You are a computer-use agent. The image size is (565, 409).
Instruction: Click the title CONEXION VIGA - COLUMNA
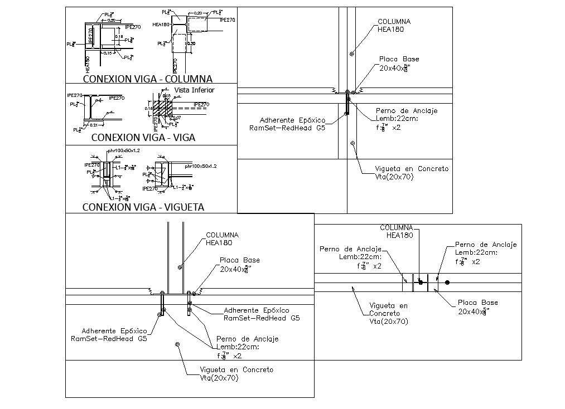pyautogui.click(x=147, y=79)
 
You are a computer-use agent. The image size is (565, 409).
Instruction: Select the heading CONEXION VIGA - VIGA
pyautogui.click(x=143, y=138)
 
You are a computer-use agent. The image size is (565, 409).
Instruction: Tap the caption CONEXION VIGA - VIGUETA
pyautogui.click(x=143, y=207)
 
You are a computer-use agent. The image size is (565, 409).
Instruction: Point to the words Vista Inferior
pyautogui.click(x=194, y=90)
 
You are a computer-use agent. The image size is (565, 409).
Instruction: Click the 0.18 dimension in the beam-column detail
pyautogui.click(x=118, y=37)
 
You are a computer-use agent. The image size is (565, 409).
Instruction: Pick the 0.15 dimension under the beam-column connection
pyautogui.click(x=108, y=53)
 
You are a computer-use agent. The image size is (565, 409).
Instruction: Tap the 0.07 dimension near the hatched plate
pyautogui.click(x=177, y=117)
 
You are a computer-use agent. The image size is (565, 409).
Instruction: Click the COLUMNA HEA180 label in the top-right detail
pyautogui.click(x=394, y=26)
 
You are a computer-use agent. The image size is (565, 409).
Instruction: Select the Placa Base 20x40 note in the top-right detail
pyautogui.click(x=398, y=63)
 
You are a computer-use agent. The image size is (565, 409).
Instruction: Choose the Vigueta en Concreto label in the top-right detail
pyautogui.click(x=412, y=172)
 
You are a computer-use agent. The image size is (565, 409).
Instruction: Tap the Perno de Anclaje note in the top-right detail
pyautogui.click(x=406, y=119)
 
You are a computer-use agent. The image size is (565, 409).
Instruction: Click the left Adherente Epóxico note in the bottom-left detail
pyautogui.click(x=109, y=334)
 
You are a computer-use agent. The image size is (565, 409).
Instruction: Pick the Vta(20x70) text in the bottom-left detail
pyautogui.click(x=219, y=378)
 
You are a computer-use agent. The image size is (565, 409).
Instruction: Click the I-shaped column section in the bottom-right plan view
pyautogui.click(x=420, y=283)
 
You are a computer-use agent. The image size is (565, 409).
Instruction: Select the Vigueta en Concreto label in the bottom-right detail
pyautogui.click(x=389, y=313)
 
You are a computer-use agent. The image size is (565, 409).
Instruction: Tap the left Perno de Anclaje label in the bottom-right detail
pyautogui.click(x=350, y=257)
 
